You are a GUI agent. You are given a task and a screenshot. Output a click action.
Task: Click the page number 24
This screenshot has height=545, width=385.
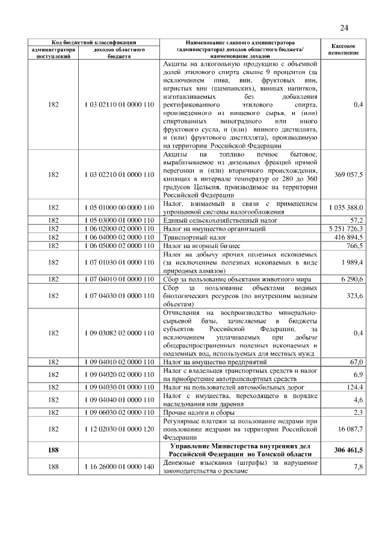click(343, 27)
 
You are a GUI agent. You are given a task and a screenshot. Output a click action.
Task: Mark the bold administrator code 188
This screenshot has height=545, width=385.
click(53, 450)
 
